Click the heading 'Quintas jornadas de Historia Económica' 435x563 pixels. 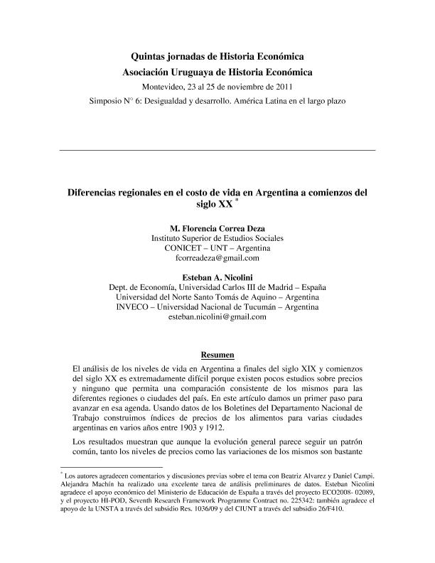(x=217, y=56)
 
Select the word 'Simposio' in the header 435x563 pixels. (x=107, y=101)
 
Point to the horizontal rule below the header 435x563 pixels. (x=217, y=151)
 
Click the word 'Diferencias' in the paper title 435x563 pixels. (x=96, y=192)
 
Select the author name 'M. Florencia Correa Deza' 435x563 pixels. (x=217, y=227)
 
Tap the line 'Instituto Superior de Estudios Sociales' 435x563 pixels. (x=217, y=238)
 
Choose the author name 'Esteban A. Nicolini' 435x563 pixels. (x=217, y=276)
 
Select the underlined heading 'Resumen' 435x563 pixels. (x=217, y=355)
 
